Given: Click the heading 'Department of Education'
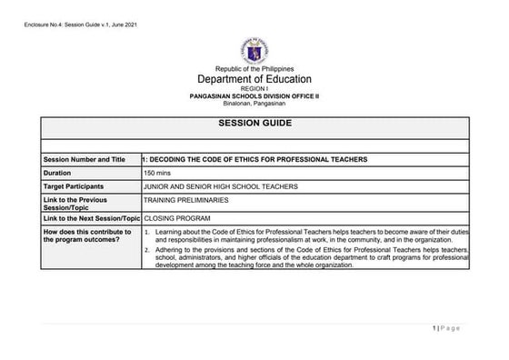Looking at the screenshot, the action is tap(254, 80).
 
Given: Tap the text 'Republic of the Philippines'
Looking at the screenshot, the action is tap(254, 69).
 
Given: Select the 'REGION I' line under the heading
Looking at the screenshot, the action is tap(254, 89).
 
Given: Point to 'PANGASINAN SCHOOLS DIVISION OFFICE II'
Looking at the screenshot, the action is tap(254, 95).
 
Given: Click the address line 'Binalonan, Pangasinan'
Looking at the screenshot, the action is tap(254, 102).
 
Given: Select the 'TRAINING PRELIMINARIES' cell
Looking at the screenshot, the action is tap(185, 199).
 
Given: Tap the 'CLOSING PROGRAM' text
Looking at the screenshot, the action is tap(176, 219).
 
